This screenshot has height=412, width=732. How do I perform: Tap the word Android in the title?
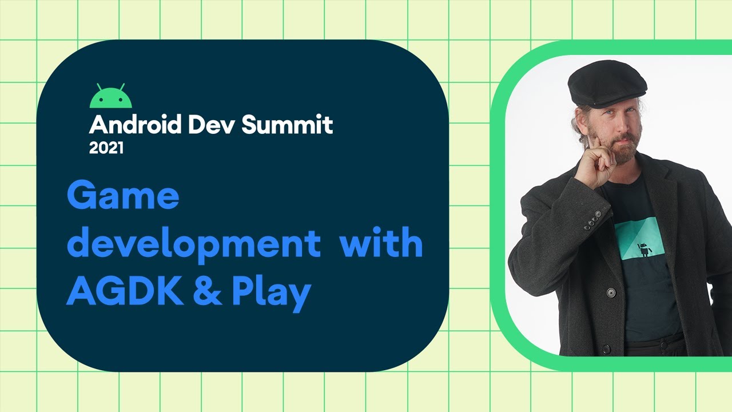point(135,124)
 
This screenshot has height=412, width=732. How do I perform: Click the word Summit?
point(287,124)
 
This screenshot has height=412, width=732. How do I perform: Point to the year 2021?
point(106,148)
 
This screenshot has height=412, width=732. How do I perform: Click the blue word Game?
point(123,196)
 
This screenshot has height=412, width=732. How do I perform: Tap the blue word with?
point(381,242)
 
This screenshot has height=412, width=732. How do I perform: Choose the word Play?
point(271,294)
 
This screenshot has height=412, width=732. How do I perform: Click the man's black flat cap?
point(607,84)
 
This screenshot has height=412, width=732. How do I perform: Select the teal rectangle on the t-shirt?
point(639,239)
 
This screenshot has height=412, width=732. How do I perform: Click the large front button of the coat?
point(611,292)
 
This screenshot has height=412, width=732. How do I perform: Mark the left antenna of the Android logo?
point(100,87)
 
